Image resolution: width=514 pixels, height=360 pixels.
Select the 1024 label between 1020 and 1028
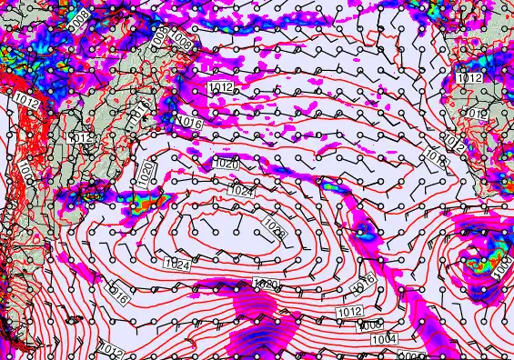241,191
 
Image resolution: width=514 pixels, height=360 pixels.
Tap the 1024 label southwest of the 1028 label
178,265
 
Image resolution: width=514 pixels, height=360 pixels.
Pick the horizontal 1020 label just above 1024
226,163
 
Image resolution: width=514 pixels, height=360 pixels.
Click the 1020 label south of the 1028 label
267,285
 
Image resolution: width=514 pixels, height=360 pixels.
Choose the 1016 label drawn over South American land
140,110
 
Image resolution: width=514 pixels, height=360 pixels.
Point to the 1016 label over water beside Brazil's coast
188,122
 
